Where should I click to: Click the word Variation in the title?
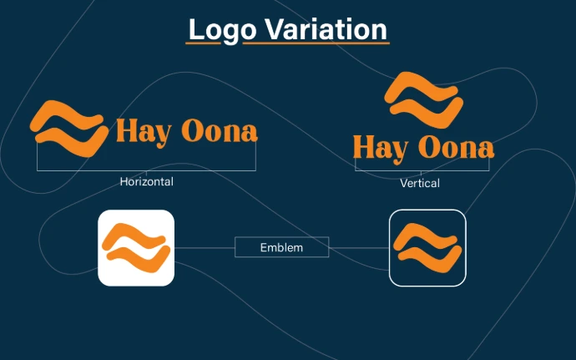[x=316, y=29]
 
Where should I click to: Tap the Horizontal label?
[x=146, y=181]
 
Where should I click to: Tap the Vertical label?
[x=419, y=183]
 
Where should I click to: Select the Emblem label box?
[x=281, y=247]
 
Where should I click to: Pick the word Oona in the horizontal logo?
[x=219, y=131]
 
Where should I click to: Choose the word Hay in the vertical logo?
[x=380, y=148]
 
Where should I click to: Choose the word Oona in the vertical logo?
[x=456, y=148]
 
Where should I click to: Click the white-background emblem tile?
[x=136, y=248]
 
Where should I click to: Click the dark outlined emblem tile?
[x=427, y=248]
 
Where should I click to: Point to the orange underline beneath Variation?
[x=316, y=43]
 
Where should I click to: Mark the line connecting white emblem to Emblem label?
[x=205, y=248]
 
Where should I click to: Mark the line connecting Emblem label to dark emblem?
[x=359, y=248]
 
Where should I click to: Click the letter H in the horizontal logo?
[x=127, y=131]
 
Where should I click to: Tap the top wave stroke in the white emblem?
[x=136, y=236]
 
